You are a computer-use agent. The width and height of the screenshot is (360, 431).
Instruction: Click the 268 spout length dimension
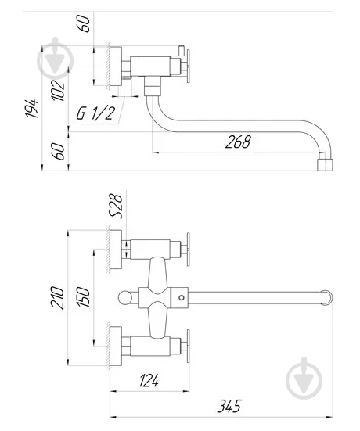pos(238,142)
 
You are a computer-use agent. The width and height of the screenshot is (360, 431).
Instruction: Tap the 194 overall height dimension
pos(32,108)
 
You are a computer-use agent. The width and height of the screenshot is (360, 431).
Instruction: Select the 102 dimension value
pos(59,90)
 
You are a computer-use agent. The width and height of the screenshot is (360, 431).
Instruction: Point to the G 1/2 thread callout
pos(95,113)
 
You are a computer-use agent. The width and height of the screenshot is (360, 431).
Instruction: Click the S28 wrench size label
pos(117,207)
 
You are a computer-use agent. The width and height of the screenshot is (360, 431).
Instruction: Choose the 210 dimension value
pos(57,298)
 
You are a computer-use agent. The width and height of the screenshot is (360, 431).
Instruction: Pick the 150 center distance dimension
pos(83,297)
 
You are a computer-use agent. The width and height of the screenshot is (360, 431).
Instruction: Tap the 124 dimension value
pos(149,381)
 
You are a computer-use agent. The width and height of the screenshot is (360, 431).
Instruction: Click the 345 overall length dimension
pos(230,406)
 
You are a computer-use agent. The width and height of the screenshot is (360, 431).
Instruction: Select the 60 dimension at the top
pos(85,24)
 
